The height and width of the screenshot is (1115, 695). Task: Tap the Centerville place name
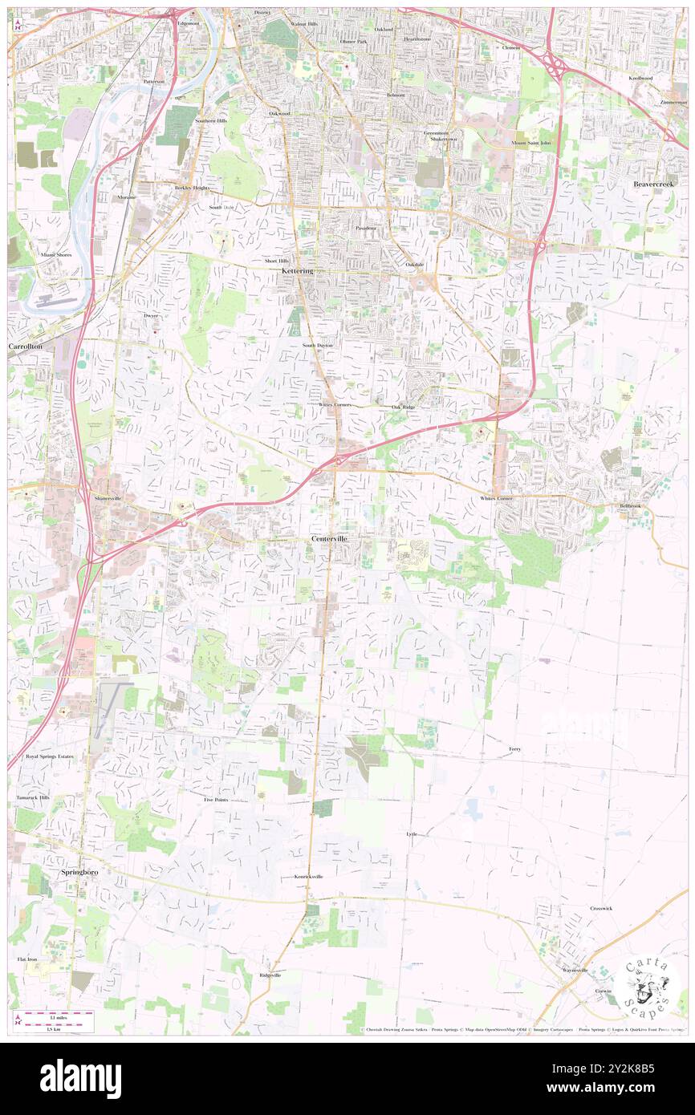coord(331,538)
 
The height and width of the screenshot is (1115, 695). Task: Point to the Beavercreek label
coord(655,184)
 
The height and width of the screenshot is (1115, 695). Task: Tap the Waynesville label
coord(575,971)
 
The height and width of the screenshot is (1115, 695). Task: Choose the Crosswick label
coord(601,908)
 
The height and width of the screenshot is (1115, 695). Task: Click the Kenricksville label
coord(308,877)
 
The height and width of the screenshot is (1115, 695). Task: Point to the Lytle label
coord(412,834)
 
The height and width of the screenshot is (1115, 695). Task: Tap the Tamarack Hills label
coord(33,798)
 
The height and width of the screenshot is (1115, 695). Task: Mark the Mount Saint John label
coord(531,143)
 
